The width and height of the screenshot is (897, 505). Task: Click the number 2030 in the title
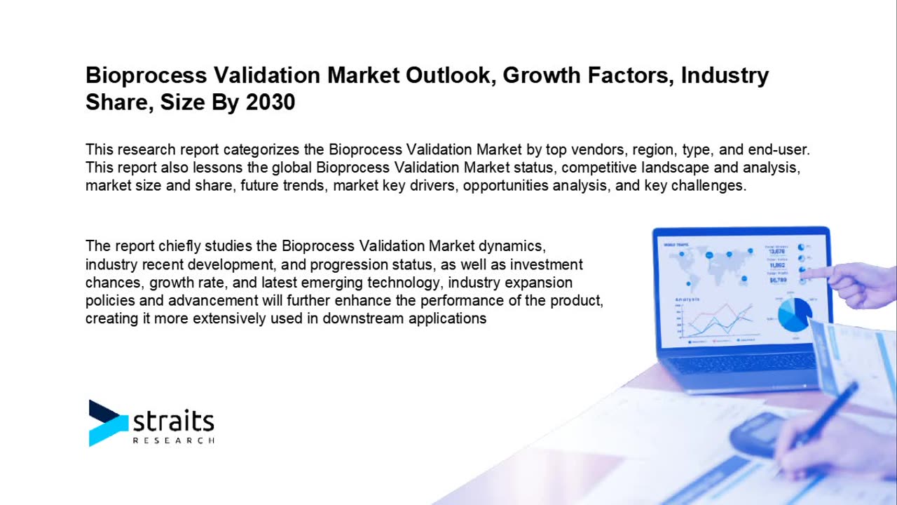tap(271, 102)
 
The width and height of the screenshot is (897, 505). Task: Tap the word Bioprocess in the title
tap(146, 75)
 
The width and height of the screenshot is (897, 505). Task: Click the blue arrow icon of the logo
tap(107, 422)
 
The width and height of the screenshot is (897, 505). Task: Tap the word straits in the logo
tap(173, 421)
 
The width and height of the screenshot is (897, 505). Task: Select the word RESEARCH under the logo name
tap(173, 440)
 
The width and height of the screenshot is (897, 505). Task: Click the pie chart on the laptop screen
tap(794, 314)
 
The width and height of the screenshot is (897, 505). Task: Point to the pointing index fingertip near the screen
tap(806, 272)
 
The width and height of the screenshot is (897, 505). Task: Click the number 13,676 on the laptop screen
tap(776, 251)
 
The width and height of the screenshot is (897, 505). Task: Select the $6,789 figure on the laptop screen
tap(777, 280)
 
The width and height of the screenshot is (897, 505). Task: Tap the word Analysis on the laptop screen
tap(687, 299)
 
